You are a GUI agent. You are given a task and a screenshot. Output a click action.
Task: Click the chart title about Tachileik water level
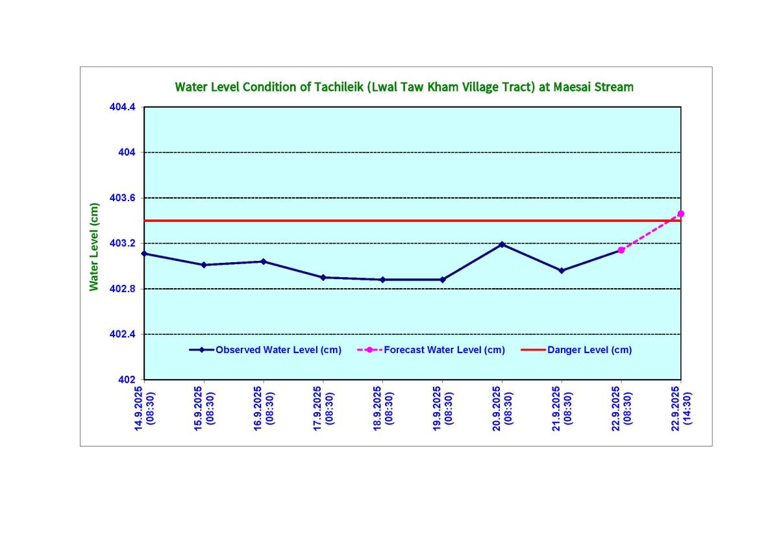(x=404, y=87)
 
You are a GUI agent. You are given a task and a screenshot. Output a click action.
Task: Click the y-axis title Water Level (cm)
(x=95, y=247)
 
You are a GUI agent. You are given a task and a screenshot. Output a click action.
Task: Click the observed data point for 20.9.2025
(x=502, y=244)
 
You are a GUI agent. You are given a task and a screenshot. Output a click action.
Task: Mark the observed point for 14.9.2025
(x=144, y=253)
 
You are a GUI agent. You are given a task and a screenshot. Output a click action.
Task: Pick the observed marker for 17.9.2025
(x=323, y=277)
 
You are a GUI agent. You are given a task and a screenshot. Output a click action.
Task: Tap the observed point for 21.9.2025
(x=562, y=271)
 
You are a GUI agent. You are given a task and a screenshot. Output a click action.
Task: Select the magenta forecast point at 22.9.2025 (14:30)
(x=681, y=214)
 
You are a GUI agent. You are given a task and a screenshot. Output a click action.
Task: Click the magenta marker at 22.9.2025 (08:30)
(x=621, y=250)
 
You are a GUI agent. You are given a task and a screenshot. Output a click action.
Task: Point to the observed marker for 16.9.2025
(x=264, y=262)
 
